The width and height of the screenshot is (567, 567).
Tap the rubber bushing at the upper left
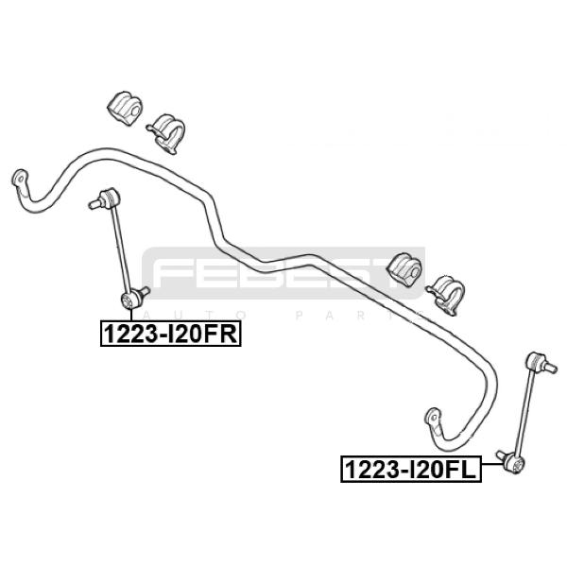pos(124,107)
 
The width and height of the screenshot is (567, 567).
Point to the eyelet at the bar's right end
pos(433,416)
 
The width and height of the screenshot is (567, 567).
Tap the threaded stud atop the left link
pos(93,202)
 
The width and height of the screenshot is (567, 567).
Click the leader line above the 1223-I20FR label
pos(129,314)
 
